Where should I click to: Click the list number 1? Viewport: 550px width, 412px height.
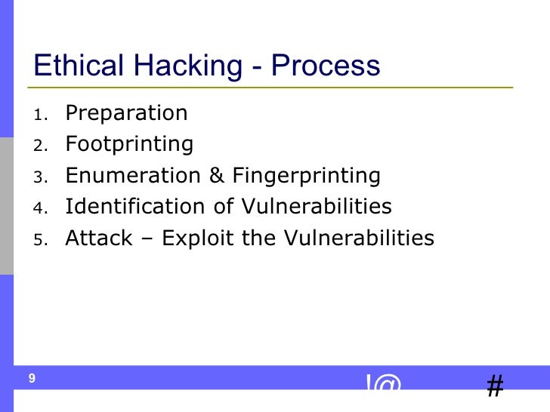point(40,115)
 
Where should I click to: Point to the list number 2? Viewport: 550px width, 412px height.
point(40,146)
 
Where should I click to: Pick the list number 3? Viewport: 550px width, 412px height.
point(40,178)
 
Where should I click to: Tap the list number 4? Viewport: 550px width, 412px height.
point(40,209)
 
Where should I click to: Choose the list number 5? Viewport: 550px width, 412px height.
point(40,241)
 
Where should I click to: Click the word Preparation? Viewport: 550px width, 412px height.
point(126,114)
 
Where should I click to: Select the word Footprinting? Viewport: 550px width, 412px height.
point(129,144)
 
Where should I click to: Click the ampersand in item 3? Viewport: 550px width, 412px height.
point(216,176)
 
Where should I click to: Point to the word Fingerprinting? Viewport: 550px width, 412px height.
point(306,177)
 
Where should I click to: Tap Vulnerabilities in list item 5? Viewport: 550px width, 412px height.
point(359,238)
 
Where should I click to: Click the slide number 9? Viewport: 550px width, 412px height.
point(32,379)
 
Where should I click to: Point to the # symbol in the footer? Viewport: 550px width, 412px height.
point(495,386)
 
